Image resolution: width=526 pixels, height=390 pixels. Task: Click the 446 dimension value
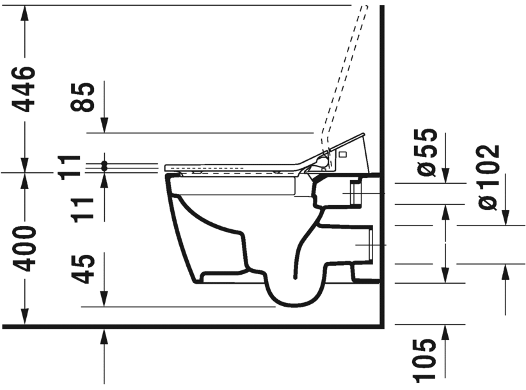[x=26, y=89]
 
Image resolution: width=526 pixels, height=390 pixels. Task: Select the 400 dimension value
[x=26, y=248]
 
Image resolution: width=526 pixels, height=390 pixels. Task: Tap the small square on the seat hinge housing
[x=342, y=154]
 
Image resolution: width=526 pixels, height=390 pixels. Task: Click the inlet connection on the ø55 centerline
[x=355, y=193]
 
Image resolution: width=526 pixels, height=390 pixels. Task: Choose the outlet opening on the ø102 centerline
[x=365, y=245]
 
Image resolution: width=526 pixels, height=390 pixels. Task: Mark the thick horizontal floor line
[x=192, y=327]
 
